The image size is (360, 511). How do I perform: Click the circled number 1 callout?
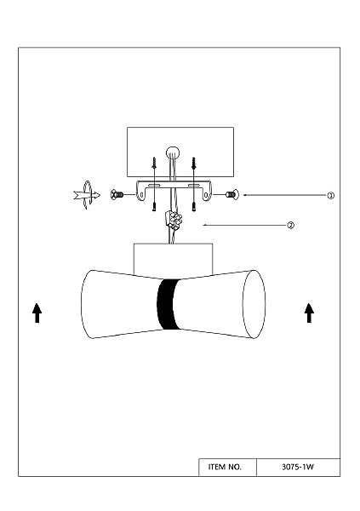tap(331, 196)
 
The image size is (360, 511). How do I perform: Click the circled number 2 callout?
tap(290, 225)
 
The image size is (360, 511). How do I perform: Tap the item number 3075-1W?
tap(298, 467)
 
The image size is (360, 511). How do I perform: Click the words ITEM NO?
tap(225, 467)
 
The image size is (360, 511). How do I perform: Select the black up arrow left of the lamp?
tap(37, 313)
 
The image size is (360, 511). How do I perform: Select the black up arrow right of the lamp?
tap(309, 313)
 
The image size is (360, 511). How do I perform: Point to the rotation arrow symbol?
tap(87, 195)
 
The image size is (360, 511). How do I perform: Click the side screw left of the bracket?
tap(117, 195)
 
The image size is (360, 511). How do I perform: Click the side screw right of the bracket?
tap(232, 195)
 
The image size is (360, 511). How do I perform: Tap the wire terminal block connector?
tap(174, 220)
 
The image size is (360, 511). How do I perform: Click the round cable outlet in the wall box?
tap(173, 152)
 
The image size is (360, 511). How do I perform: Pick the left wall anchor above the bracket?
tap(154, 163)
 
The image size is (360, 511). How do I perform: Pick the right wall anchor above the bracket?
tap(194, 163)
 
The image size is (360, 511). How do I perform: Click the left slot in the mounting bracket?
tap(154, 186)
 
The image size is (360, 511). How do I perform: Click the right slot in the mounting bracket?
tap(194, 186)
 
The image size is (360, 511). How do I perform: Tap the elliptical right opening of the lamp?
tap(254, 304)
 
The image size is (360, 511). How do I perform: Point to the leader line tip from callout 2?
tap(203, 225)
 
